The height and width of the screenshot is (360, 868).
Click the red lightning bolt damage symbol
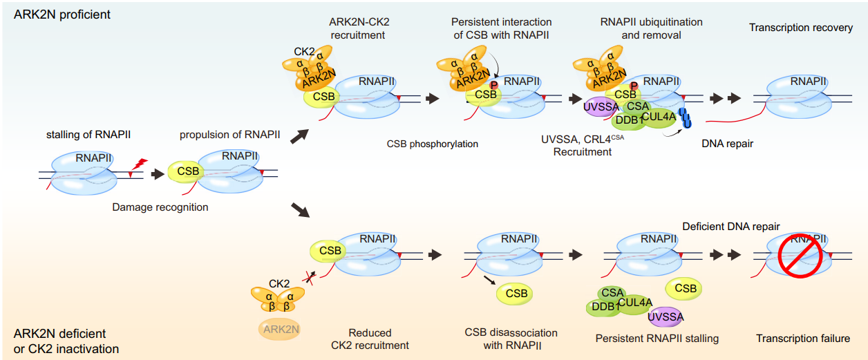(x=140, y=164)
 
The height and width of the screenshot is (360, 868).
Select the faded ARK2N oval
(x=280, y=330)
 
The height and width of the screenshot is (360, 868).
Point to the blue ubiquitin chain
(x=686, y=118)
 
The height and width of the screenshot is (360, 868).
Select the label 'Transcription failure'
(x=802, y=339)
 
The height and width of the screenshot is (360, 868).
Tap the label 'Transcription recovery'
(x=800, y=28)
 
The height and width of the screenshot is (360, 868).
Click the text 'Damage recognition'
(x=160, y=207)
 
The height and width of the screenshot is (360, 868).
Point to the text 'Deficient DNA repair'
(x=730, y=227)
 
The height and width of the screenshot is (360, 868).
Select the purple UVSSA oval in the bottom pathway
(x=666, y=317)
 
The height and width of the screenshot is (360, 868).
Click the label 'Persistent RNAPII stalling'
(x=657, y=339)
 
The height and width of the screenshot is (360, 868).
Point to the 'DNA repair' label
(x=727, y=144)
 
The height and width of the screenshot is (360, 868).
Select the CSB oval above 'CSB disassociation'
(x=516, y=294)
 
